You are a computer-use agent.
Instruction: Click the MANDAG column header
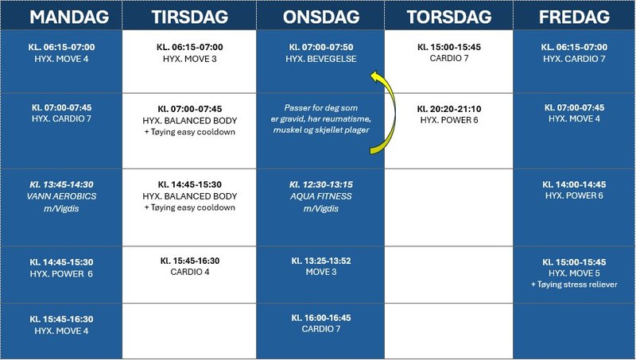(62, 17)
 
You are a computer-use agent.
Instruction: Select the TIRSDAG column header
(189, 17)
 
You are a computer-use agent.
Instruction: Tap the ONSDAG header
(320, 17)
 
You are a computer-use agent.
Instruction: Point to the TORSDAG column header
(448, 17)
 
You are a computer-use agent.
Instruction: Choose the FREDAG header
(574, 17)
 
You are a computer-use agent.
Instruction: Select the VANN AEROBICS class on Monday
(61, 196)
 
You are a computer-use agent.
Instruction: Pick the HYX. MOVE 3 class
(190, 59)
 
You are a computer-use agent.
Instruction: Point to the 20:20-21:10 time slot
(448, 108)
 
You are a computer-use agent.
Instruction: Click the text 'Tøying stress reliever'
(573, 285)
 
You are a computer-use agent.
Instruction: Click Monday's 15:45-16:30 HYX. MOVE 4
(61, 324)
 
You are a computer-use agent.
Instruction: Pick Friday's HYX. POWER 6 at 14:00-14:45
(573, 189)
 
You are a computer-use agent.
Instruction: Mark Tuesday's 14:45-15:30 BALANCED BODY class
(190, 195)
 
